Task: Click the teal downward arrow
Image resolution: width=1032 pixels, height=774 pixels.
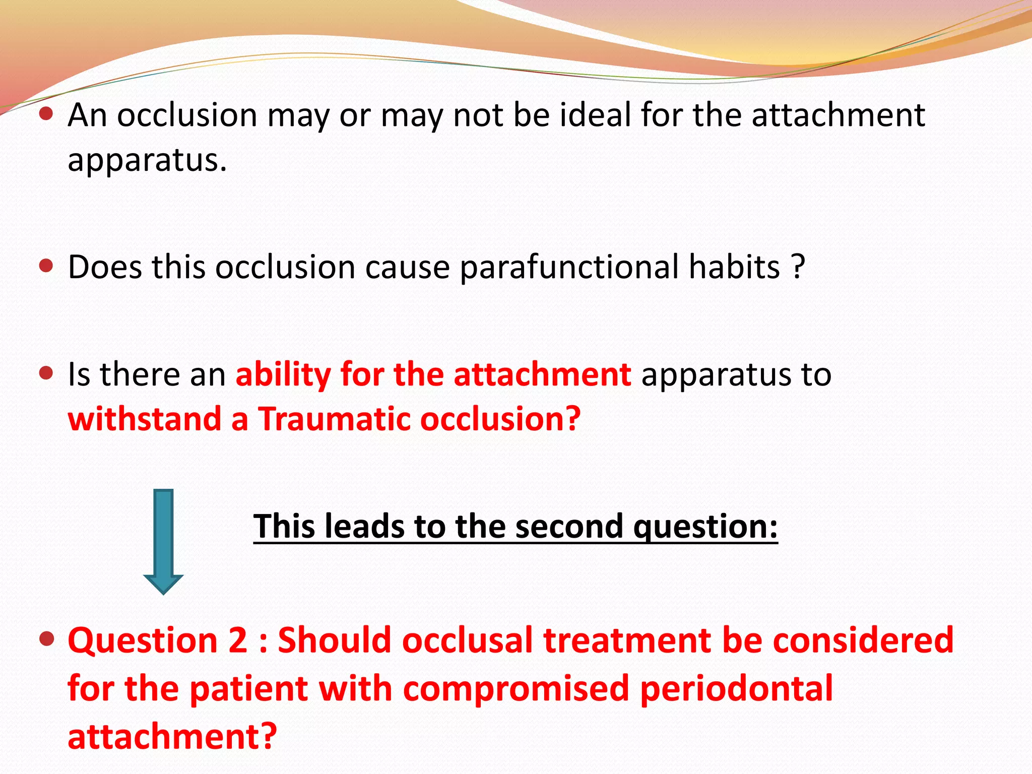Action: [163, 542]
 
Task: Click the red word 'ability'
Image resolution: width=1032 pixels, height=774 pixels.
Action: [283, 374]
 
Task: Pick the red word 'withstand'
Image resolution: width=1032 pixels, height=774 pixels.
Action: [144, 419]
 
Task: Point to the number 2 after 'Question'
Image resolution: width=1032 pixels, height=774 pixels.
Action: [238, 640]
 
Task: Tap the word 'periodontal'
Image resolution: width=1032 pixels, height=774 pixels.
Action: [736, 689]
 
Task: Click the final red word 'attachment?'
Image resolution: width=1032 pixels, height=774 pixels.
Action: [172, 737]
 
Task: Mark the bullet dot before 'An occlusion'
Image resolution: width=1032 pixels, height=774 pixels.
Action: [46, 114]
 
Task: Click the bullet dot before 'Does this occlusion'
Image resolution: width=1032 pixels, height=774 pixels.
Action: [46, 266]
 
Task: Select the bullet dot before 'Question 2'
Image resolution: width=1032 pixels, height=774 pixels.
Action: [46, 639]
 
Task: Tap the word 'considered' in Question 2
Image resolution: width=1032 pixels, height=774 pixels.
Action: [863, 640]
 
